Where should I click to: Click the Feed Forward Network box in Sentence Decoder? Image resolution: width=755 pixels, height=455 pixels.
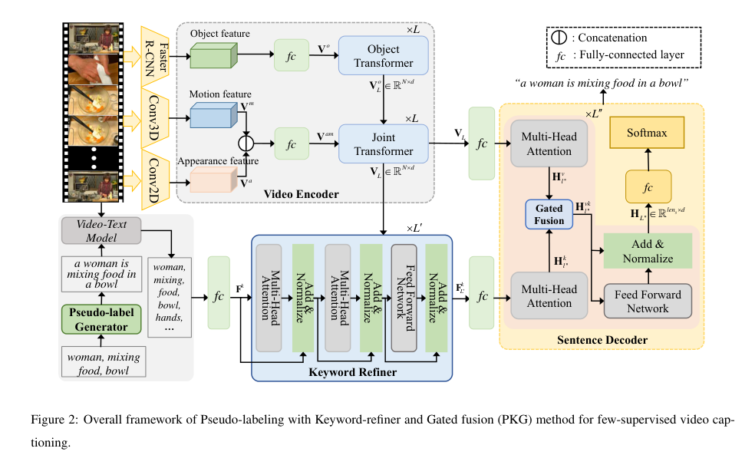[x=647, y=302]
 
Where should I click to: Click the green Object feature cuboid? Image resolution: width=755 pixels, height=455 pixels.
[x=210, y=58]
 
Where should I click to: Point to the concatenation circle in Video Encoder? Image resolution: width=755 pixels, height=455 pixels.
[x=246, y=143]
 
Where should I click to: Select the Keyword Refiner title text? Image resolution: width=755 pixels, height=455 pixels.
[x=351, y=373]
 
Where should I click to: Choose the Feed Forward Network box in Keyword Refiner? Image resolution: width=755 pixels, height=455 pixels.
[x=404, y=298]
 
